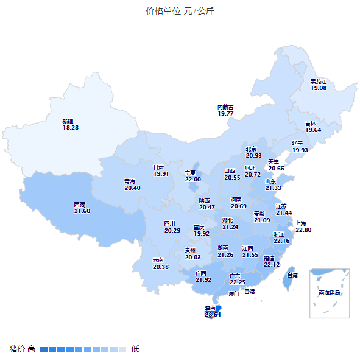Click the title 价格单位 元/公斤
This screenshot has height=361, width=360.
[x=180, y=11]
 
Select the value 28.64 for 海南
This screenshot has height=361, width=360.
[x=213, y=315]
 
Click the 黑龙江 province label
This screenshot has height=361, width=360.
[x=319, y=81]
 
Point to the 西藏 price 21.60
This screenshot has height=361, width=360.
[x=82, y=211]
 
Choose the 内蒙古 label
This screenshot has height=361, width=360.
[x=225, y=107]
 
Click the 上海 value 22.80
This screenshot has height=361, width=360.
[x=303, y=230]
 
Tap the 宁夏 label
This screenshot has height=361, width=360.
[x=192, y=173]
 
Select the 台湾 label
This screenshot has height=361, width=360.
[x=292, y=275]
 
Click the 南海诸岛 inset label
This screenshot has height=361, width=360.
[x=330, y=293]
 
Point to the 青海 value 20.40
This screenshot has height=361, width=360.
[x=132, y=188]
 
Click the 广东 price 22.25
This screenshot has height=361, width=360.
[x=238, y=282]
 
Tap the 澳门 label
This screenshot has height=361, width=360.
[x=234, y=294]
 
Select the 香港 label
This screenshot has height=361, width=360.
[x=250, y=292]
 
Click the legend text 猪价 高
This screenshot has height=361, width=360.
[x=23, y=349]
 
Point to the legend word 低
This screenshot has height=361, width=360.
[x=135, y=349]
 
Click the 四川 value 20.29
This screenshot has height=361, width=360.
[x=172, y=231]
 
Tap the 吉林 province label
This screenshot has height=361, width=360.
[x=311, y=124]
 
